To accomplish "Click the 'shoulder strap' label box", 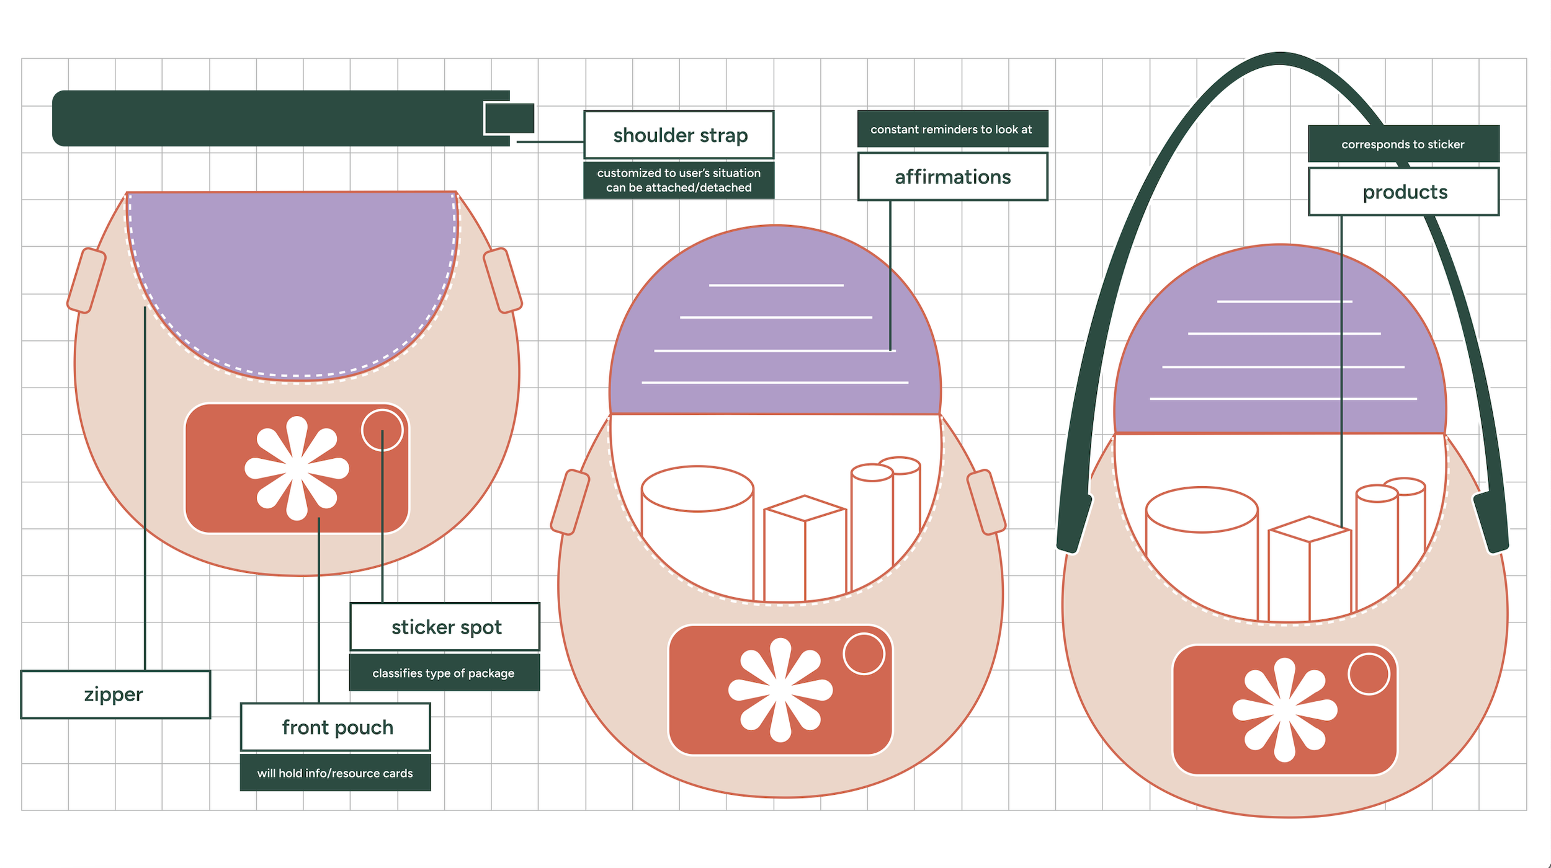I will point(679,135).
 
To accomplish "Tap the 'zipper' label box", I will point(115,694).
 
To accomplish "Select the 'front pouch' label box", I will point(336,727).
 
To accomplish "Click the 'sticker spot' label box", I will point(445,627).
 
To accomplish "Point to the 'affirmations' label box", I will point(952,177).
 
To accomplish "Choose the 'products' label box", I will point(1403,192).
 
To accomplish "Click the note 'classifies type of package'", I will point(444,673).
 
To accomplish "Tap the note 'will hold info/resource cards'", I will point(335,773).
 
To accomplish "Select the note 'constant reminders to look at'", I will point(952,130).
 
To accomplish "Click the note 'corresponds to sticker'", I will point(1403,144).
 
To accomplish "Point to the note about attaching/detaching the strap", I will point(679,180).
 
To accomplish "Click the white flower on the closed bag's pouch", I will point(297,468).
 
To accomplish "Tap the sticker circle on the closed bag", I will point(382,430).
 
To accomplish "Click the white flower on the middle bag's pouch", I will point(780,689).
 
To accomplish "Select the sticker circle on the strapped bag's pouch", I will point(1369,674).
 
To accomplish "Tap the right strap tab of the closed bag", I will point(503,280).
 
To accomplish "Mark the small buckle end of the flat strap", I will point(509,118).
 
